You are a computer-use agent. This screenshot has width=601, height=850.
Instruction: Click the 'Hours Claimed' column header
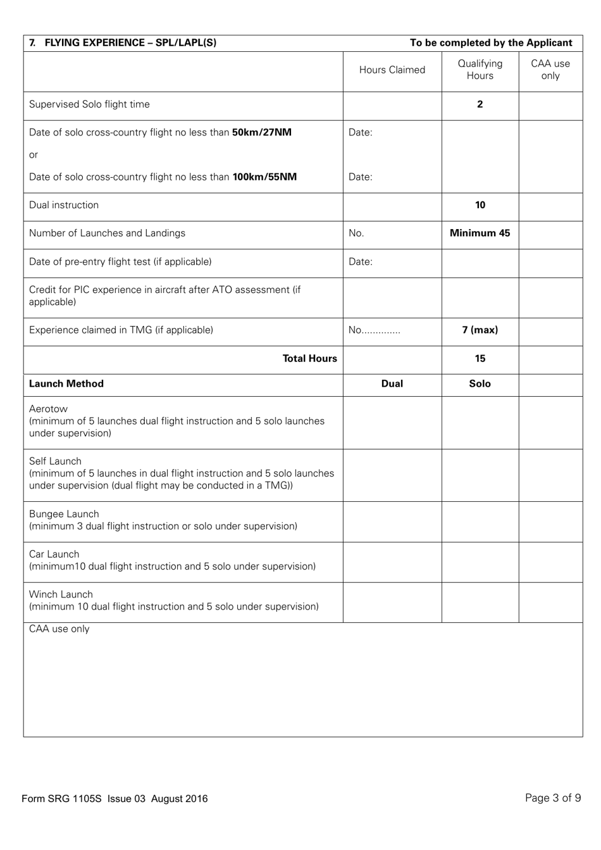point(392,70)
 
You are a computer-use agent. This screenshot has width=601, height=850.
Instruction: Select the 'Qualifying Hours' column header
point(480,70)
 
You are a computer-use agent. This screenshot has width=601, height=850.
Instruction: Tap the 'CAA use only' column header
point(550,70)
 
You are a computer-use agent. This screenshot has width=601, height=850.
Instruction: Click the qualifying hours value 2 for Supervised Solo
point(480,104)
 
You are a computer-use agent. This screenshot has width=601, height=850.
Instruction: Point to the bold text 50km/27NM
point(262,132)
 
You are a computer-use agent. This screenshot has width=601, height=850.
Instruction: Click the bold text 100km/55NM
point(264,177)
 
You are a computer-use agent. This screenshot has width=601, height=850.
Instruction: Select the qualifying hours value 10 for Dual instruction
point(480,205)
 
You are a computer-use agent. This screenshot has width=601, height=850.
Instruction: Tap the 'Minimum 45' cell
point(480,233)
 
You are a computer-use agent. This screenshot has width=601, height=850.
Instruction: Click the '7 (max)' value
point(480,330)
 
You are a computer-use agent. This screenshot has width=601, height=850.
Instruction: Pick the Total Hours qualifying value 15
point(480,359)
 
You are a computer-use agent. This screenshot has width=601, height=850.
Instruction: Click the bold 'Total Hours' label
point(309,359)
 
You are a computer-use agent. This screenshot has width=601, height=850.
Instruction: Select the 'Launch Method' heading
point(66,384)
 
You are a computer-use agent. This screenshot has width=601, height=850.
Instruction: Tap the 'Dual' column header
point(392,384)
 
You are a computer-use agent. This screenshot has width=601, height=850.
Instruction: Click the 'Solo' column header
point(480,384)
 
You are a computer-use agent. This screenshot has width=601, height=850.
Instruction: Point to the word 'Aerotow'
point(48,409)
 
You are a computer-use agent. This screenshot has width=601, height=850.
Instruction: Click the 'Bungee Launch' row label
point(64,514)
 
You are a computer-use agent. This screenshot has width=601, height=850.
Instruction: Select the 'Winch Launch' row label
point(61,594)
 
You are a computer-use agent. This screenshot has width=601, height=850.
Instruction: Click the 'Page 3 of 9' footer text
point(552,798)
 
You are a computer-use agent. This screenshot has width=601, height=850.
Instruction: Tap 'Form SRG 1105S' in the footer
point(61,799)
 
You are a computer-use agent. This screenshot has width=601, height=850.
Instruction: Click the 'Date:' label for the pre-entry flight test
point(360,261)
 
